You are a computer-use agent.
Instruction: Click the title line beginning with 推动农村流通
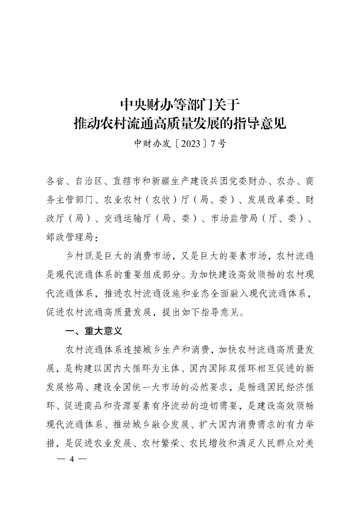click(x=180, y=123)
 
